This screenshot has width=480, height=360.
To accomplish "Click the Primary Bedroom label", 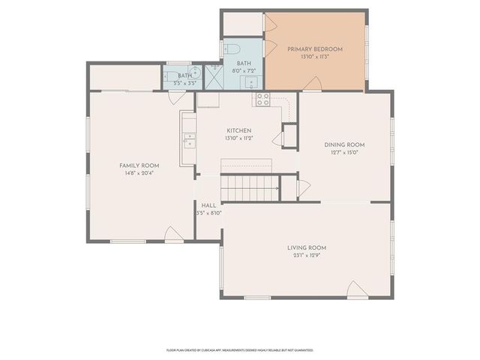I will (x=315, y=49).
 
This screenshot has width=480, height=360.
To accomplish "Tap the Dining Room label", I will (x=344, y=145).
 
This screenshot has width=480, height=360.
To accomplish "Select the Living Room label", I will (x=307, y=247).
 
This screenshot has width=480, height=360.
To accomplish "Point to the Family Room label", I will (x=139, y=165).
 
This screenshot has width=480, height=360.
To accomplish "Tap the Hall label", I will (x=209, y=205).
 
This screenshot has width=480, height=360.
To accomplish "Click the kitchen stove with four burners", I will (x=262, y=99).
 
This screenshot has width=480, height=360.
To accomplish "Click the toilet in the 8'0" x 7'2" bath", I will (x=227, y=49).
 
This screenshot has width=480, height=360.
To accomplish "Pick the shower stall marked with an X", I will (x=215, y=74).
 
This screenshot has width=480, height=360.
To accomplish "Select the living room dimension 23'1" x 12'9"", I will (x=307, y=256).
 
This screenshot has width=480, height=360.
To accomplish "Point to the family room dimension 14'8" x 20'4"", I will (x=139, y=173).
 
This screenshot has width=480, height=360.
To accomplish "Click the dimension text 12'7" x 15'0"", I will (x=344, y=153).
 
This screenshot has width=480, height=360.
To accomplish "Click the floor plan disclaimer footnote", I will (x=239, y=349).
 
